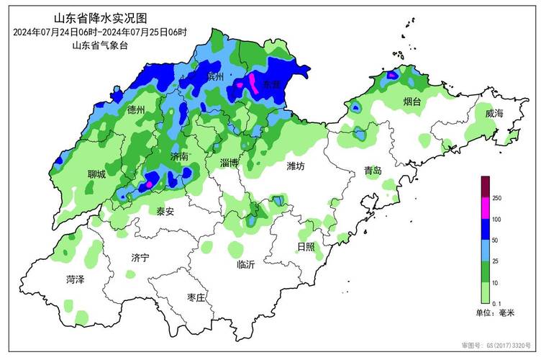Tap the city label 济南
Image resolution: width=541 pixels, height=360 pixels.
(x=180, y=156)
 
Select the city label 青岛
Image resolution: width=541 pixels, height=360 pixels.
(x=373, y=171)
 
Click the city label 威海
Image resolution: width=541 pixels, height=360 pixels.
(x=494, y=114)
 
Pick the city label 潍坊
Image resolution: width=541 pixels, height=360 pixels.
(x=296, y=166)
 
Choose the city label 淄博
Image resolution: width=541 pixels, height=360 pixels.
(x=229, y=163)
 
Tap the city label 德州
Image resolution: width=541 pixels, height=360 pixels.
(x=136, y=110)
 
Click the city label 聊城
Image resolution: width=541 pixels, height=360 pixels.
(x=96, y=174)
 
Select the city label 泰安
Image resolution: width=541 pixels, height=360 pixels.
(x=165, y=212)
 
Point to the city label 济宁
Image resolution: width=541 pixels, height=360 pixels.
(x=140, y=257)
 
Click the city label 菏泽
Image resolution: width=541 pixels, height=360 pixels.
(x=75, y=279)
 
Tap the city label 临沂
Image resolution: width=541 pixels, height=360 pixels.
(x=246, y=264)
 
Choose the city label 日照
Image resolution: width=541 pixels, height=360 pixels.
(x=306, y=247)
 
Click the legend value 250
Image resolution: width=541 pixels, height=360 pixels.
(x=497, y=198)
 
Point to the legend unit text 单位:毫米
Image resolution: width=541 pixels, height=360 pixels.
(x=496, y=313)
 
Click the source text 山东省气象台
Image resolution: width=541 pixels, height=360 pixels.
(x=99, y=45)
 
